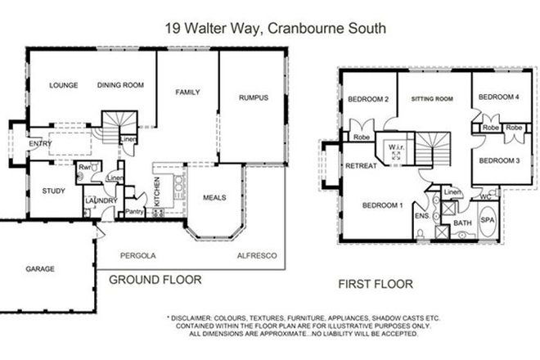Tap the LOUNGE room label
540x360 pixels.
coord(63,85)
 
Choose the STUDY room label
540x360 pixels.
coord(53,191)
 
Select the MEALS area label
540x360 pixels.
coord(213,197)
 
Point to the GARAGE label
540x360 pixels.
coord(38,268)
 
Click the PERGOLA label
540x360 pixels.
coord(137,255)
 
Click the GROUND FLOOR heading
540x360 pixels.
coord(155,279)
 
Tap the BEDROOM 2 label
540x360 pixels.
coord(367,100)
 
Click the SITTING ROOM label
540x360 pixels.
coord(431,99)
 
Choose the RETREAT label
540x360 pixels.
coord(361,165)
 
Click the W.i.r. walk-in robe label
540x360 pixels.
coord(394,148)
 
